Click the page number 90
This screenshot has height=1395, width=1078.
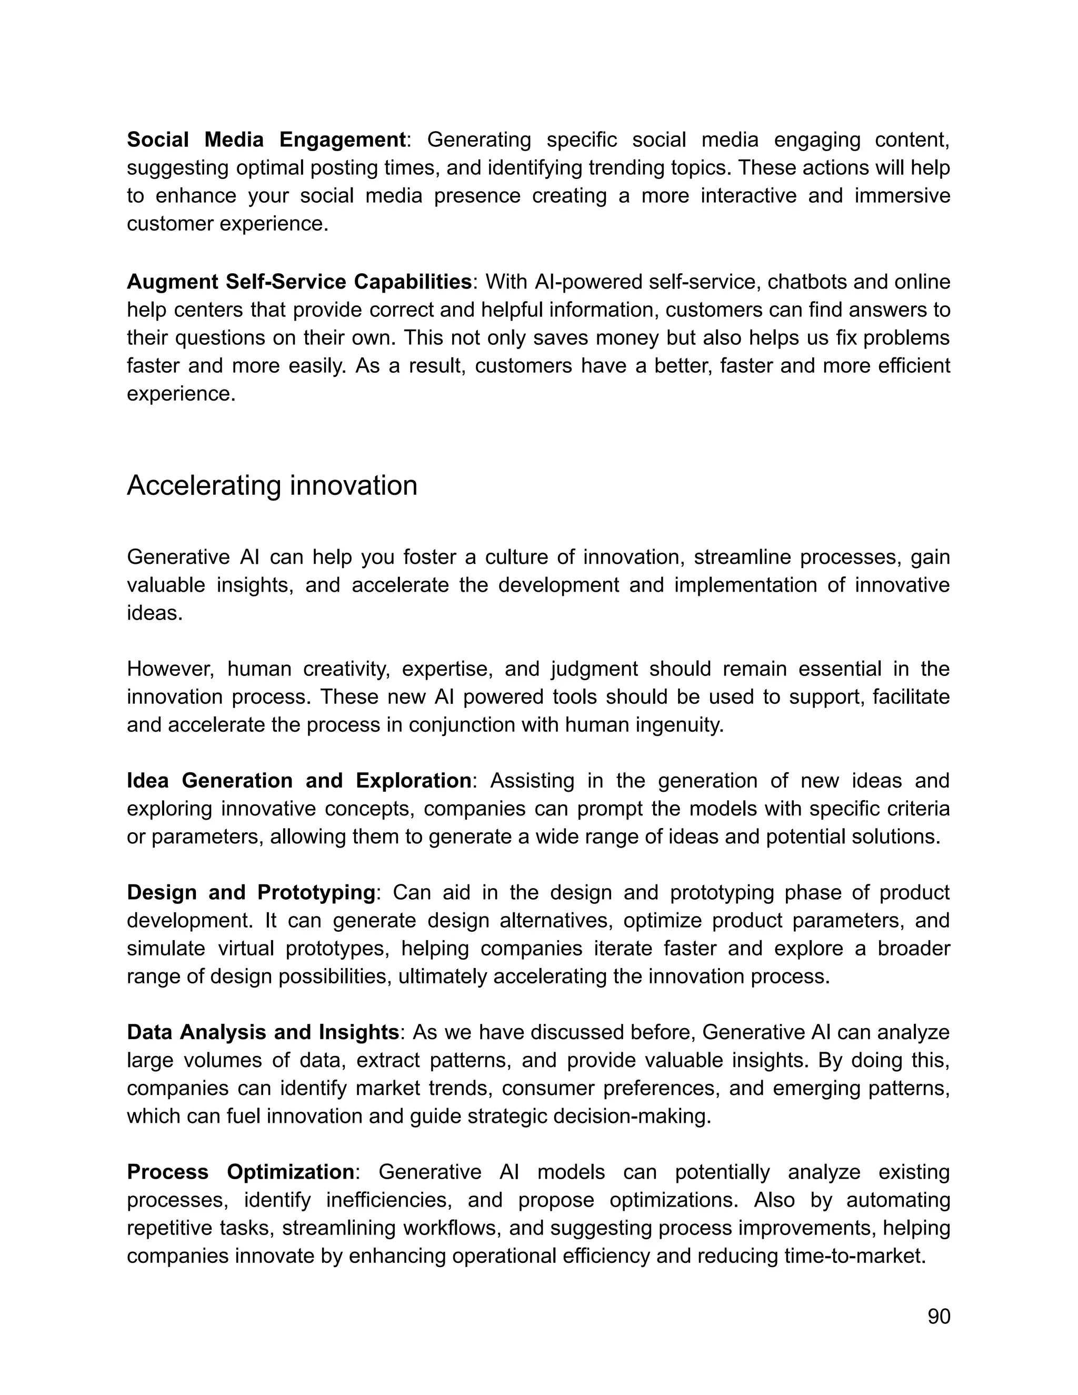pyautogui.click(x=938, y=1317)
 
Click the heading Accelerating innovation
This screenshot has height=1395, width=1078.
pyautogui.click(x=272, y=485)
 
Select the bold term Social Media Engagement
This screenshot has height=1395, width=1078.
pyautogui.click(x=266, y=139)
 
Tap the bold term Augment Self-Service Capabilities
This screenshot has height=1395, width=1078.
pyautogui.click(x=299, y=282)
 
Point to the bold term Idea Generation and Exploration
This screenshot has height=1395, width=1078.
pyautogui.click(x=299, y=781)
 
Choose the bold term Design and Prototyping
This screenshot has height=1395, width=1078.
pyautogui.click(x=251, y=892)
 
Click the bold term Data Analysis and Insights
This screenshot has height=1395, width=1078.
pyautogui.click(x=263, y=1032)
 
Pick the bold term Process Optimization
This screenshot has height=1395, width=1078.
pyautogui.click(x=240, y=1172)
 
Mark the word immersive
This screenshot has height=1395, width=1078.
pyautogui.click(x=902, y=195)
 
